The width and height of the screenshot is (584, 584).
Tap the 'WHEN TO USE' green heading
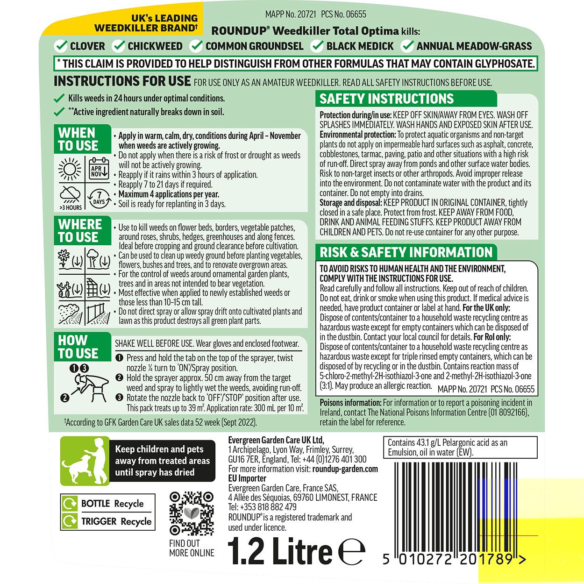pos(78,139)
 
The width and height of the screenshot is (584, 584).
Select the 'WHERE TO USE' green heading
pos(80,231)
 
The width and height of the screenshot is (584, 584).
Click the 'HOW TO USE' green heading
pos(78,347)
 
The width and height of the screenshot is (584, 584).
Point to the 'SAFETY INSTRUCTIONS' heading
pos(386,99)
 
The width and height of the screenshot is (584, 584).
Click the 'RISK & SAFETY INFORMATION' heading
pos(406,252)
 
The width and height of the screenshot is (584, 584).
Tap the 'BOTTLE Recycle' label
pos(112,504)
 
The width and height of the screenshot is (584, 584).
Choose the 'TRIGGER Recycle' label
pos(116,521)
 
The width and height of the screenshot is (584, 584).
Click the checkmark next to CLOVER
pos(61,46)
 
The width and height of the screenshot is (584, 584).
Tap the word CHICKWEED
pos(155,46)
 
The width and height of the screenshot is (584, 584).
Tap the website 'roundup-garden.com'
pos(345,469)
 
